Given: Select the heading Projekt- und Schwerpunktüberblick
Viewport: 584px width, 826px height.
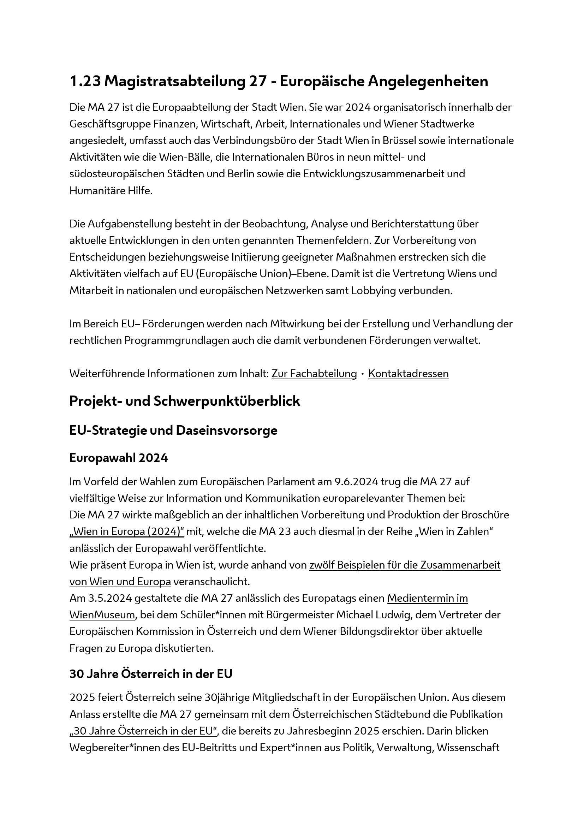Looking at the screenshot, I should [x=184, y=401].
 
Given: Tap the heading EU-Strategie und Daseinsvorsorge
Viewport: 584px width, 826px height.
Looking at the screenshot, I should [x=173, y=430].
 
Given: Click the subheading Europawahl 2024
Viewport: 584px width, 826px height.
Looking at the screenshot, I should [x=118, y=458].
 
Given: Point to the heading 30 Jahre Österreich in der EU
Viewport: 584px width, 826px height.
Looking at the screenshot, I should [x=151, y=673].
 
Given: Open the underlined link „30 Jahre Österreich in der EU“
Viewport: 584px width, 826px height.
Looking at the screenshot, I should [x=144, y=731].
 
